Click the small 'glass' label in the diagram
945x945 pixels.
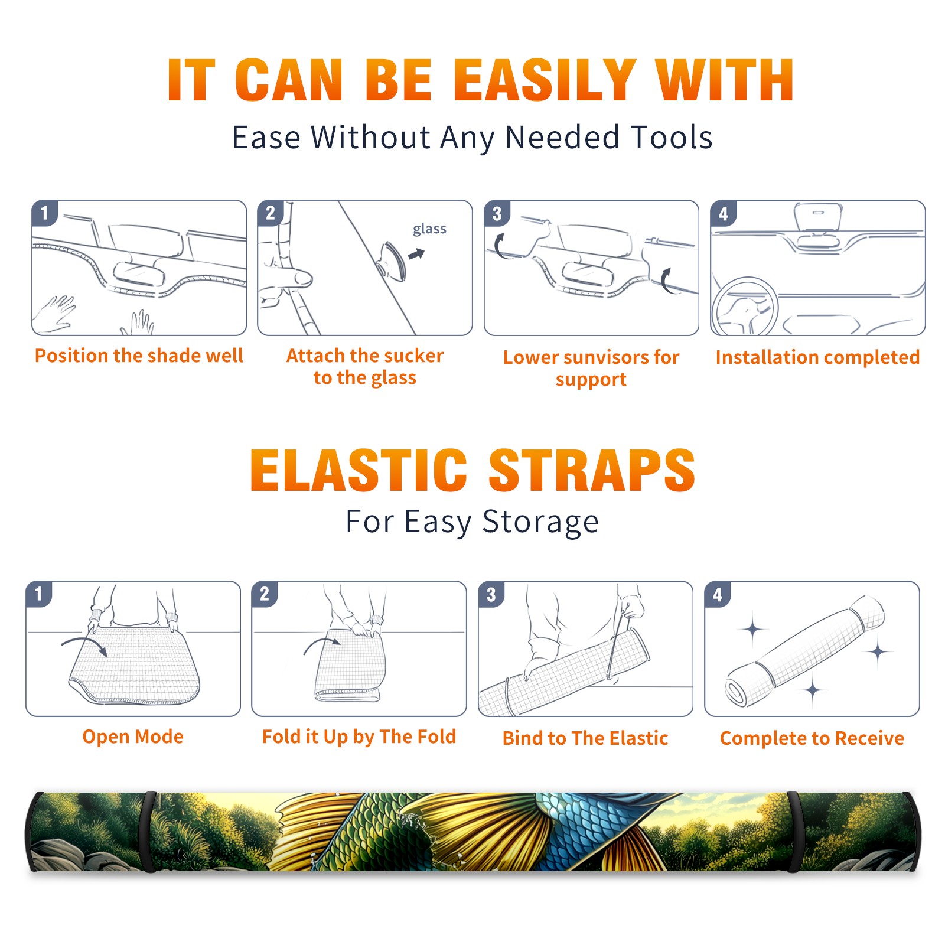click(x=429, y=229)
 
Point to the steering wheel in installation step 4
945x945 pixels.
click(x=744, y=306)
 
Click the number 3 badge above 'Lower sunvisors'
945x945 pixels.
click(x=497, y=213)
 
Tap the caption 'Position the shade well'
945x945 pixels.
click(x=139, y=356)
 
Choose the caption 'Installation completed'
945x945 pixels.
click(x=817, y=357)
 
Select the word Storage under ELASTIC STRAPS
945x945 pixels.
click(x=540, y=522)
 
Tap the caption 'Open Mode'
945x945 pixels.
click(x=133, y=737)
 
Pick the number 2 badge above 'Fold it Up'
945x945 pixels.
click(x=264, y=594)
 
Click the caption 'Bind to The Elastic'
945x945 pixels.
click(x=585, y=738)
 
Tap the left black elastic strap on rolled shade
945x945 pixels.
click(x=150, y=832)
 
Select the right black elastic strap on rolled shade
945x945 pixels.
click(x=793, y=832)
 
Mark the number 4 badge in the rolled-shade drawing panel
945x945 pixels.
click(x=717, y=594)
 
